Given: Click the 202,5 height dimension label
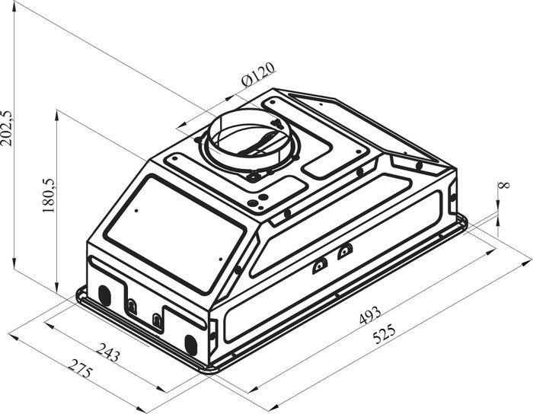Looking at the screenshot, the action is [x=8, y=128].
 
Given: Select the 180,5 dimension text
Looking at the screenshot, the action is [x=49, y=196].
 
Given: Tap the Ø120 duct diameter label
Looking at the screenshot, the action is [x=257, y=75].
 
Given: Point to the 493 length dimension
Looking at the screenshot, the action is [x=370, y=315].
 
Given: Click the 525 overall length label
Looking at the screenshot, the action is [x=384, y=334].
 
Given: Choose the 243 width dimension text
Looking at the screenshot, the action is [x=108, y=352].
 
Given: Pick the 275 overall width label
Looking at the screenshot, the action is [x=80, y=368].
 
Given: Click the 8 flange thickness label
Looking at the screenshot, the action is [x=504, y=185].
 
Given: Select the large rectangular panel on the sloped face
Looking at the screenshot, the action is [x=174, y=234].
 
